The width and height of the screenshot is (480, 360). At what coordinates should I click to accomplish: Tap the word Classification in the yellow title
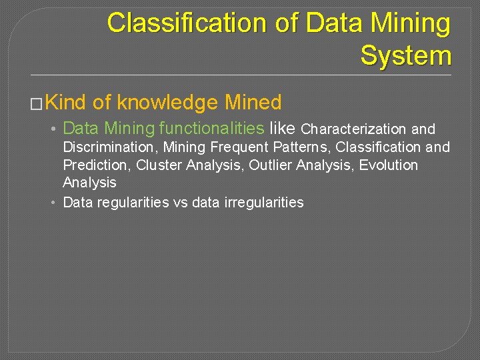[174, 23]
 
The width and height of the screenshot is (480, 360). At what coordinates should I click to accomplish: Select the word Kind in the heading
[67, 103]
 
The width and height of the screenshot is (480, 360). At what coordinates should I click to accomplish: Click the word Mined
[253, 103]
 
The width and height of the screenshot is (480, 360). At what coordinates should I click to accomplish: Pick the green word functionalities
[212, 129]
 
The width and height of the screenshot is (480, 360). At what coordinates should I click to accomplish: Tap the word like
[283, 129]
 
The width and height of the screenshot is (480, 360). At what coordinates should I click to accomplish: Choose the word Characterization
[354, 129]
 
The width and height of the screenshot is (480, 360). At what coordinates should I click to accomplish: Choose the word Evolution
[389, 165]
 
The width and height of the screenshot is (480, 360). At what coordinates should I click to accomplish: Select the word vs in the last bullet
[181, 203]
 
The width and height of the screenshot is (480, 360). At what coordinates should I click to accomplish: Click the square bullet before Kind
[37, 104]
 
